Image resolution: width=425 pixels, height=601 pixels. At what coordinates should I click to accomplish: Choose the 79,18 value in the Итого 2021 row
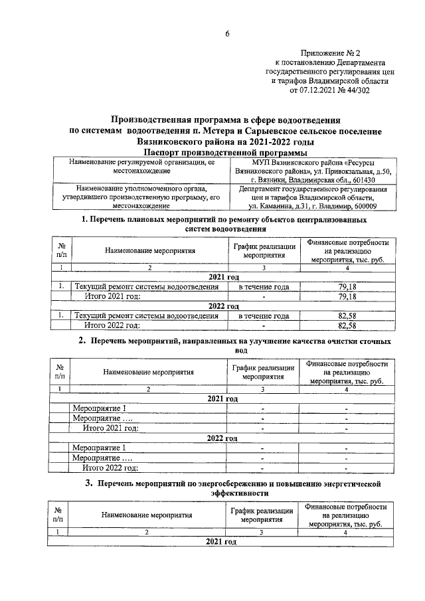tap(348, 296)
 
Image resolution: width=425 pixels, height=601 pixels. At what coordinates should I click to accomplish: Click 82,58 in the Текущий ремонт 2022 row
tap(348, 316)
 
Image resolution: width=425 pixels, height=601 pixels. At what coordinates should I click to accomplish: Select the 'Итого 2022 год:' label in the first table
tap(112, 326)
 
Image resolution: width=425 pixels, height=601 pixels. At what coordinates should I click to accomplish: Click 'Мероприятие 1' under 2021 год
tap(99, 408)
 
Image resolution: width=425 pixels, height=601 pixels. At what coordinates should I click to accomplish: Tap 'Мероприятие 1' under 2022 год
tap(99, 448)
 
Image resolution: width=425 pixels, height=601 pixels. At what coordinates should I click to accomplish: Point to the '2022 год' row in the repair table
tap(223, 306)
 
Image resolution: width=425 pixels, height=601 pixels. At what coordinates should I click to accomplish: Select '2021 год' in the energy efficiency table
tap(222, 543)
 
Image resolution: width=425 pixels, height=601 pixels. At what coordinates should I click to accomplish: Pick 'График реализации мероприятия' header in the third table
tap(262, 515)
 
